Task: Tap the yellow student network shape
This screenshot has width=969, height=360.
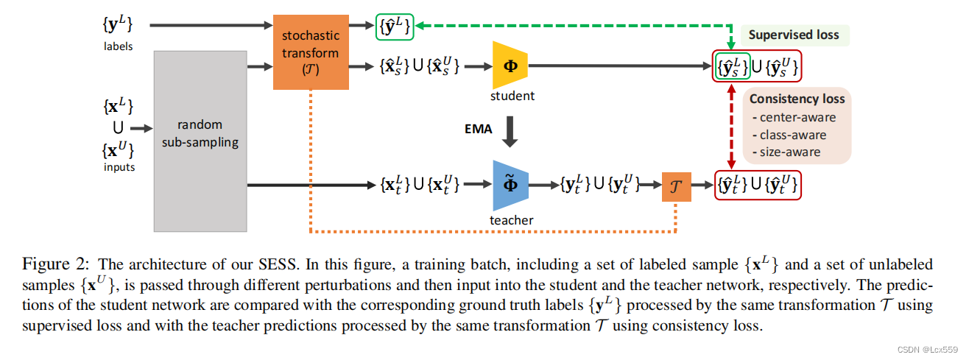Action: pyautogui.click(x=510, y=67)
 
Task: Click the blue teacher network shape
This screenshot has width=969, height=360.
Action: pyautogui.click(x=510, y=185)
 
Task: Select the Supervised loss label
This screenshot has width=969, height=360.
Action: pyautogui.click(x=794, y=35)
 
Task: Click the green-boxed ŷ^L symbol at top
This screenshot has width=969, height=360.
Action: pyautogui.click(x=395, y=25)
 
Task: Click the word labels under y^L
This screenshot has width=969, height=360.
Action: pyautogui.click(x=119, y=46)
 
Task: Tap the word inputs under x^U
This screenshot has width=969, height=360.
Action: pyautogui.click(x=119, y=167)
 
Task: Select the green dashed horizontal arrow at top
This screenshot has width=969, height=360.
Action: pyautogui.click(x=567, y=25)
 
